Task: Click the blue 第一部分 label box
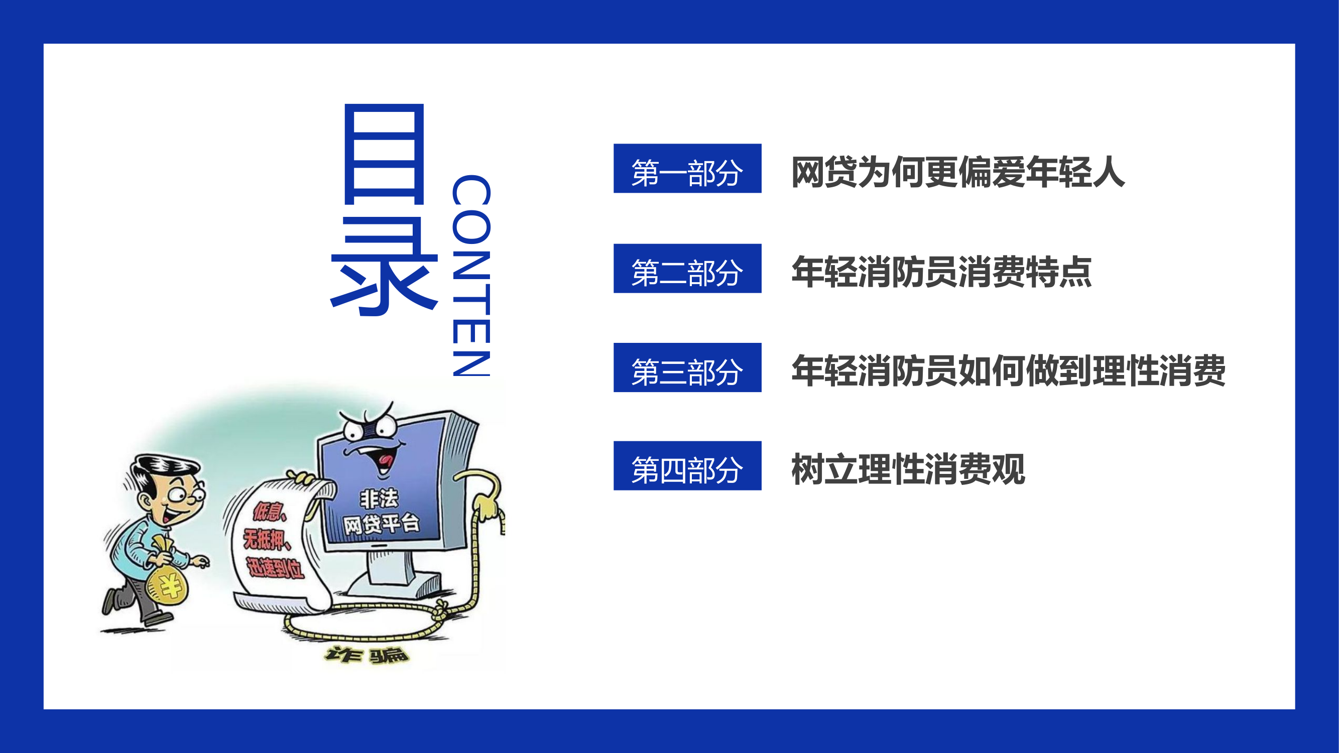pos(687,168)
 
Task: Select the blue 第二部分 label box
pos(687,269)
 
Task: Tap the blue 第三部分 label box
pos(687,367)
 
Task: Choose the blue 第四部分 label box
pos(687,466)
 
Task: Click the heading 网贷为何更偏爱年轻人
pos(957,172)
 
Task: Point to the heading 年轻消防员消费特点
pos(941,272)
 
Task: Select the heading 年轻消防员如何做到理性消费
pos(1009,370)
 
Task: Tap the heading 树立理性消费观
pos(908,469)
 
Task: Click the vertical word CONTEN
pos(471,275)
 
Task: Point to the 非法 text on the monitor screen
pos(380,499)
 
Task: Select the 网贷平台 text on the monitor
pos(381,523)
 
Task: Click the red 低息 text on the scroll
pos(269,512)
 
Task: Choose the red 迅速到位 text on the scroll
pos(275,567)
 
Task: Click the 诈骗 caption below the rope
pos(367,655)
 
